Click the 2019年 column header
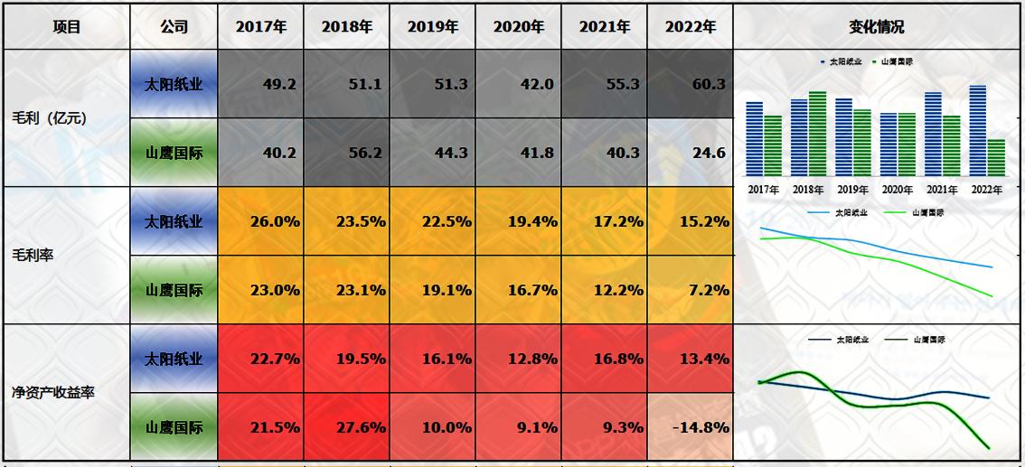pyautogui.click(x=432, y=26)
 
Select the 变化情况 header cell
pyautogui.click(x=877, y=26)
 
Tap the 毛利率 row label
pyautogui.click(x=33, y=256)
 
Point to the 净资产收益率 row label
pyautogui.click(x=53, y=393)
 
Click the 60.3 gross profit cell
pyautogui.click(x=690, y=84)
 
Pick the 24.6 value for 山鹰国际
pyautogui.click(x=690, y=153)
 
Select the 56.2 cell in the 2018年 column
pyautogui.click(x=347, y=153)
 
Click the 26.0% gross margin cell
pyautogui.click(x=261, y=221)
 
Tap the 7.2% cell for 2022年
pyautogui.click(x=690, y=290)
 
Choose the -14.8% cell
pyautogui.click(x=690, y=427)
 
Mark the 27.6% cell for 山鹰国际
pyautogui.click(x=347, y=427)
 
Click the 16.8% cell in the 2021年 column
pyautogui.click(x=604, y=359)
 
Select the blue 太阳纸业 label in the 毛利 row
pyautogui.click(x=174, y=84)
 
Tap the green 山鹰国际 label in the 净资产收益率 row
pyautogui.click(x=174, y=427)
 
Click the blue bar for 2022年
pyautogui.click(x=977, y=131)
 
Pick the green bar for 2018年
pyautogui.click(x=817, y=134)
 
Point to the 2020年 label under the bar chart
pyautogui.click(x=898, y=190)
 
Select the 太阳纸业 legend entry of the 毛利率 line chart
pyautogui.click(x=844, y=212)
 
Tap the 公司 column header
pyautogui.click(x=174, y=26)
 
